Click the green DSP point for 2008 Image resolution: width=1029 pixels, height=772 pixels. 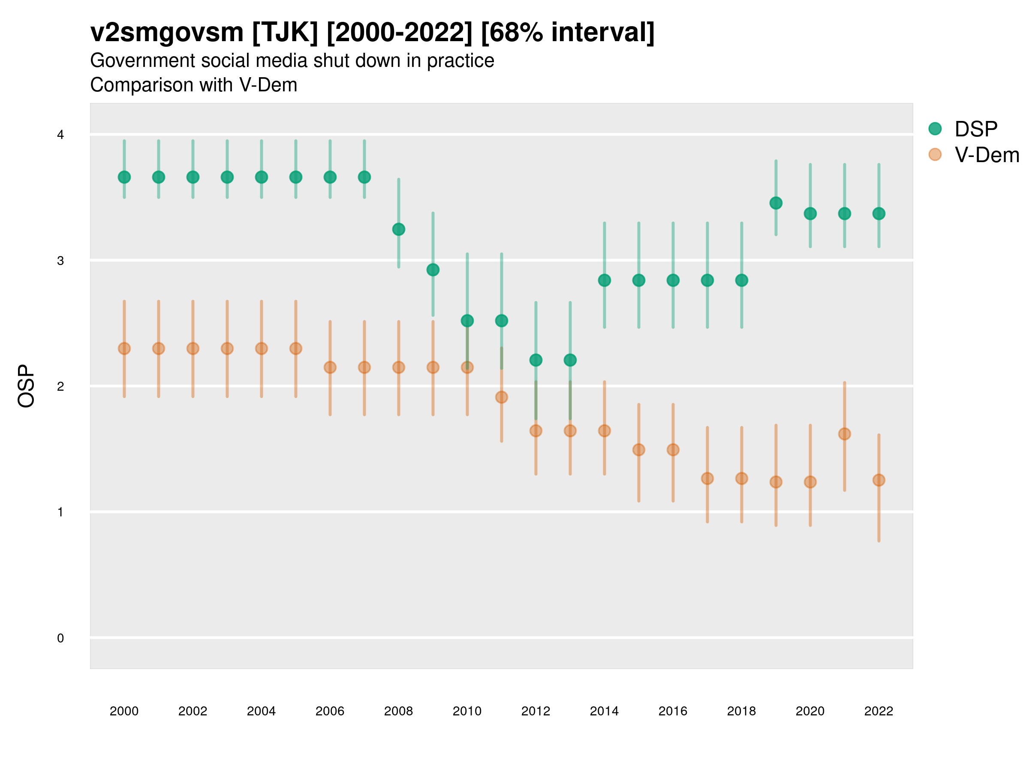(x=399, y=229)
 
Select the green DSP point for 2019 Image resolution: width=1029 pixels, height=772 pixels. (x=776, y=203)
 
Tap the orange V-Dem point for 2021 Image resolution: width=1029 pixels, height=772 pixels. (x=844, y=434)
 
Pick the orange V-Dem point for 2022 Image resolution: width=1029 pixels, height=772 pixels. (x=879, y=480)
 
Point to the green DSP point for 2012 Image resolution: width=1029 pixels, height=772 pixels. (x=536, y=360)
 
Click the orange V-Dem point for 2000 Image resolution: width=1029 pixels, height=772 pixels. (x=124, y=349)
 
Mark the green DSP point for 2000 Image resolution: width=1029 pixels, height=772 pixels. (x=124, y=177)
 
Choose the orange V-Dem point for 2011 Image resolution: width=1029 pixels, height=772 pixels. (x=502, y=397)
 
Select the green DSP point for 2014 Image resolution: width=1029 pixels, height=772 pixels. (x=604, y=280)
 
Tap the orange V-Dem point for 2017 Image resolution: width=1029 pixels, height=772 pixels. (x=707, y=478)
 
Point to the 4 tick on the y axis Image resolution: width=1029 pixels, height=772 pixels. (x=60, y=135)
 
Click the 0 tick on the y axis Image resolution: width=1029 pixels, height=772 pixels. (x=60, y=638)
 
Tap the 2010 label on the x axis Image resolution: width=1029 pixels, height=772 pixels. (x=467, y=711)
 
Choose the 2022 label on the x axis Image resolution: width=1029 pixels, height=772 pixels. (x=879, y=711)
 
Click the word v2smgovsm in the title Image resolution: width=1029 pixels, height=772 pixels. (x=166, y=33)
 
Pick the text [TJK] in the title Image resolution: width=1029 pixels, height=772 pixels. (x=285, y=33)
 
